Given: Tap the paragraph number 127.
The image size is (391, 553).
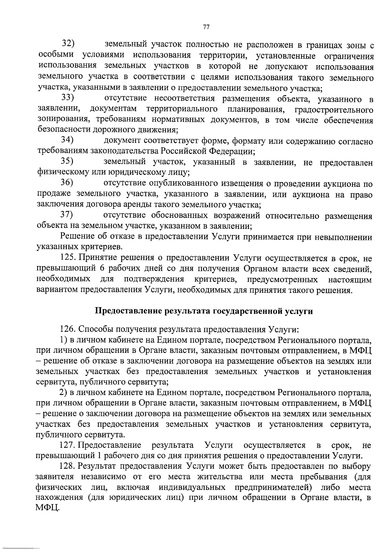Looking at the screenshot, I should tap(68, 445).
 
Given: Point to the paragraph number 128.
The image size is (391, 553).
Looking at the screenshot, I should tap(68, 467).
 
